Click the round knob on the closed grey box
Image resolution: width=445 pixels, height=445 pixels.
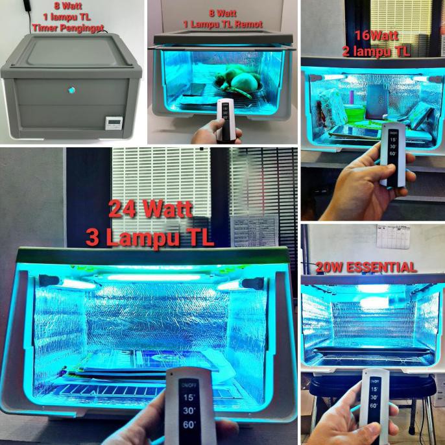coord(71,90)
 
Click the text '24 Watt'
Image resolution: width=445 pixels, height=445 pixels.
coord(150,209)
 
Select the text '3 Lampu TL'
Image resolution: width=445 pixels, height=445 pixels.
coord(150,236)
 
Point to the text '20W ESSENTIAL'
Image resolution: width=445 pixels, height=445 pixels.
coord(366,267)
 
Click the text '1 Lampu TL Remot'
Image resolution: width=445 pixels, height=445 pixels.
coord(222,24)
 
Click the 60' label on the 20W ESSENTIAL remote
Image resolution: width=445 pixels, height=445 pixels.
coord(374,405)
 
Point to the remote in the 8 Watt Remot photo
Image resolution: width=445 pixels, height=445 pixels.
coord(226,120)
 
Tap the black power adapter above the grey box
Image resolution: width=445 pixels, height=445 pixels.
coord(27,5)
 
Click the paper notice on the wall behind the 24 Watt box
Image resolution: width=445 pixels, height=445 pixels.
coord(253,230)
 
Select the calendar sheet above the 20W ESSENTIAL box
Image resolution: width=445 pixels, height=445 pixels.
coord(393,237)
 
